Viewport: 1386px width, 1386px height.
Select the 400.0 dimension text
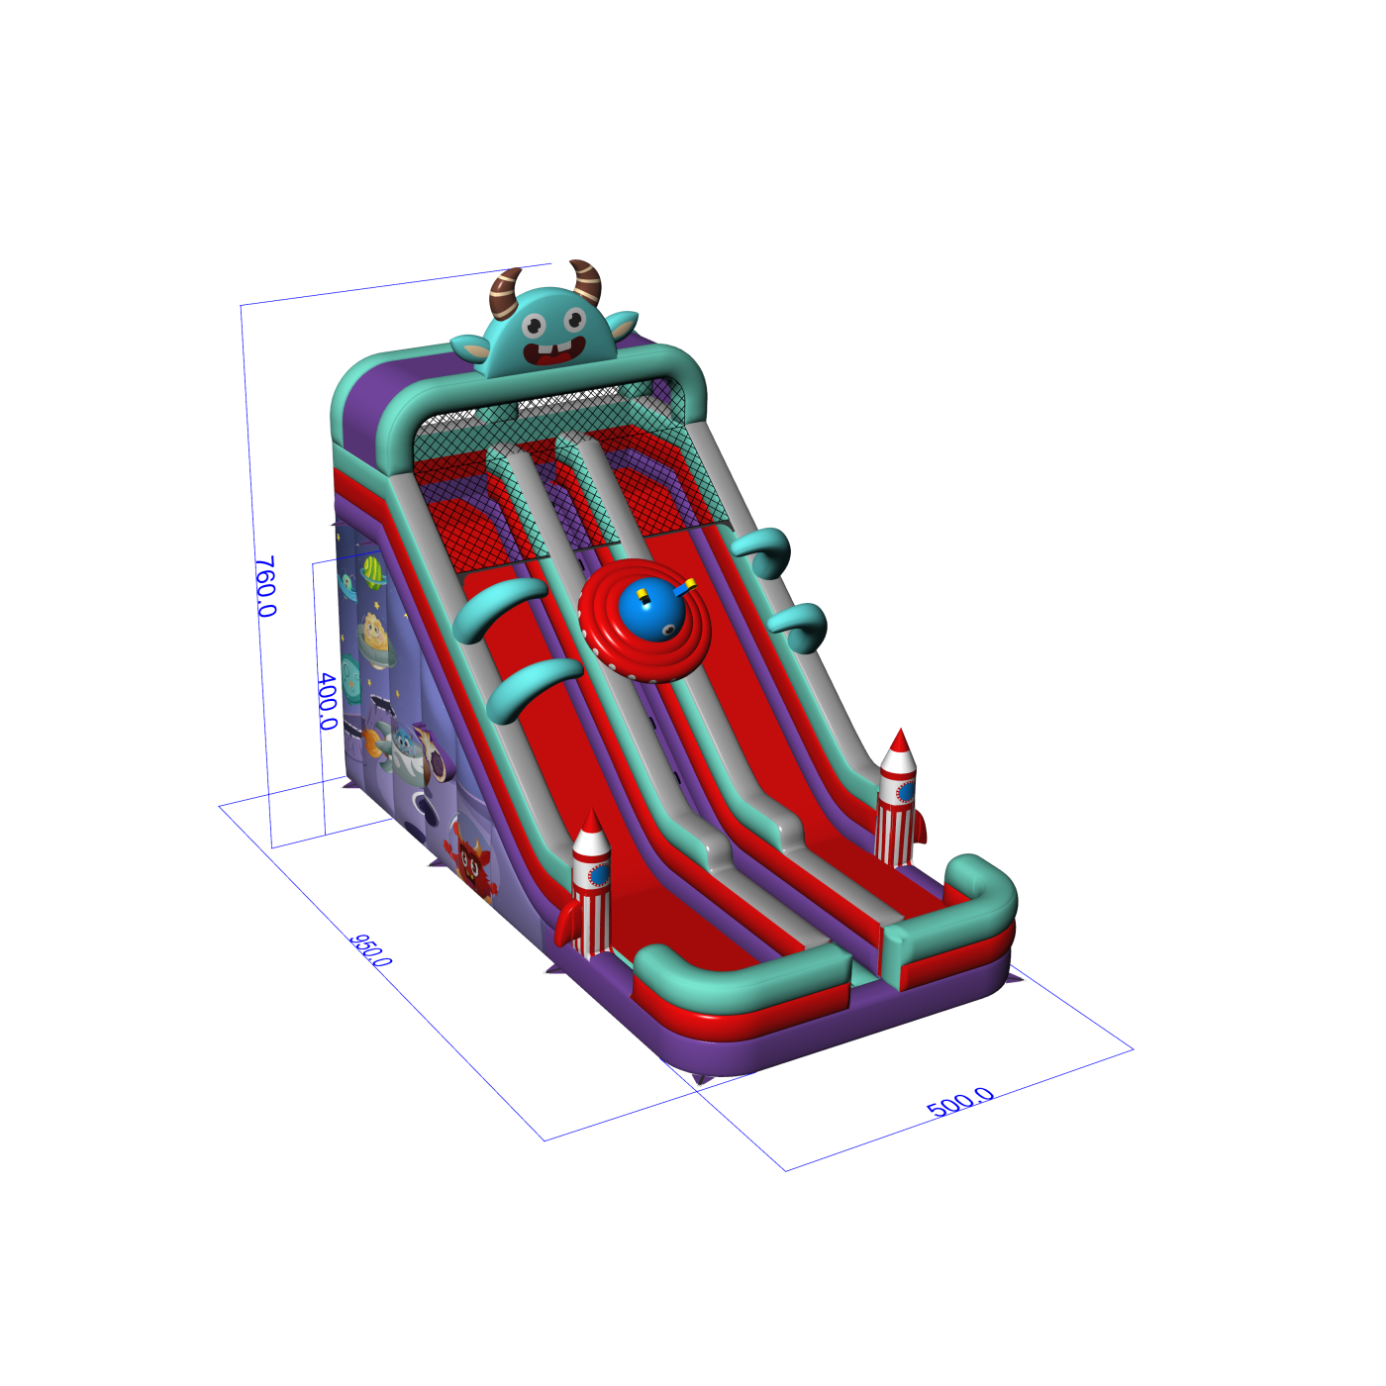[x=328, y=701]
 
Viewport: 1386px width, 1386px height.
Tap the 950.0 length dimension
[x=369, y=950]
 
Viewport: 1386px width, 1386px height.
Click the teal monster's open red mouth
[x=553, y=351]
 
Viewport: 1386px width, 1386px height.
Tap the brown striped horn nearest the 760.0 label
[x=505, y=293]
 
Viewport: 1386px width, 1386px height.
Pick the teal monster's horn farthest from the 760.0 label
[x=585, y=281]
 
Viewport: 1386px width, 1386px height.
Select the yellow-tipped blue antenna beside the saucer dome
[x=685, y=586]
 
